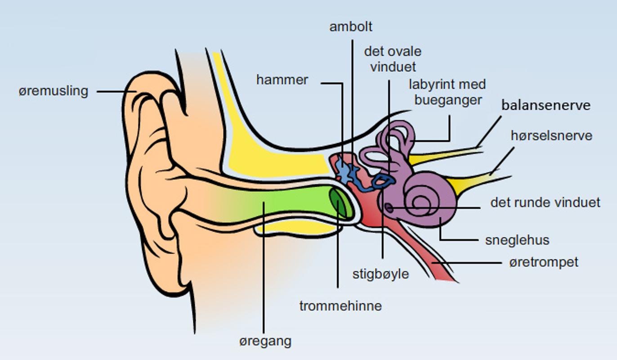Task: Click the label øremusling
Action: [x=53, y=91]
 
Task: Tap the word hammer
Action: [x=282, y=80]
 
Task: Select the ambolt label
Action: [x=351, y=27]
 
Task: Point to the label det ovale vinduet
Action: [x=393, y=59]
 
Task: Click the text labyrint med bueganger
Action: [x=447, y=92]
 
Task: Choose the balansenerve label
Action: [x=546, y=106]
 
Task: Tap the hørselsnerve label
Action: [x=551, y=135]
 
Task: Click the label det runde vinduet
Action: [x=545, y=202]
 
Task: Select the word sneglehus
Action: [x=517, y=240]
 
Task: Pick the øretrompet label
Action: [x=543, y=262]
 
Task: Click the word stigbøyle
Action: [x=380, y=274]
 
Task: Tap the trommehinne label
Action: [x=340, y=306]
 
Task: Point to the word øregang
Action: [x=265, y=341]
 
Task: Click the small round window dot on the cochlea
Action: [x=389, y=208]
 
